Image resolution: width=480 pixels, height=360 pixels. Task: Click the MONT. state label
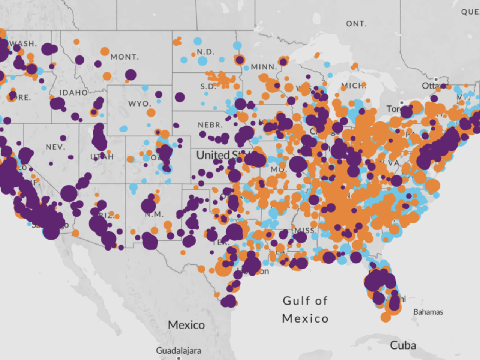[124, 57]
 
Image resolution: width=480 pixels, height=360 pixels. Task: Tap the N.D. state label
[205, 52]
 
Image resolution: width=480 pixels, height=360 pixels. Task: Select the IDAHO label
[73, 93]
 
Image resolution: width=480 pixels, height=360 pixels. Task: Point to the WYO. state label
[139, 103]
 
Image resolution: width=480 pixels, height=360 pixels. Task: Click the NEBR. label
[210, 125]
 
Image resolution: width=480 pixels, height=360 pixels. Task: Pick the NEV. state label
[55, 147]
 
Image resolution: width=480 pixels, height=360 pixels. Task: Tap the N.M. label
[154, 214]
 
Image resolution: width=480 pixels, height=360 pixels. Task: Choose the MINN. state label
[264, 67]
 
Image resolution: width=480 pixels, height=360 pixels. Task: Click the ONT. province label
[356, 24]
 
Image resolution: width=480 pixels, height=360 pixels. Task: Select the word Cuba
[403, 345]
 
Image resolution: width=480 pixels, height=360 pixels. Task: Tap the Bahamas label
[428, 312]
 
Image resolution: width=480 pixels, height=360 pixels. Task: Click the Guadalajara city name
[178, 350]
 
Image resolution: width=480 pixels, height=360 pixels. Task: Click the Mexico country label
[186, 325]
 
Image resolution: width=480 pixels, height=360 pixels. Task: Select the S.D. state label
[208, 87]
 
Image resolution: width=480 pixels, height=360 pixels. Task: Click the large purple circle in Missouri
[298, 164]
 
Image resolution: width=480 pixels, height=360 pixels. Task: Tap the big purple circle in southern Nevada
[69, 193]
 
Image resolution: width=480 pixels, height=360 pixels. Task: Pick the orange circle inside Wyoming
[151, 112]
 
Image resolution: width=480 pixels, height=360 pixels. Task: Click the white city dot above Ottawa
[436, 79]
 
